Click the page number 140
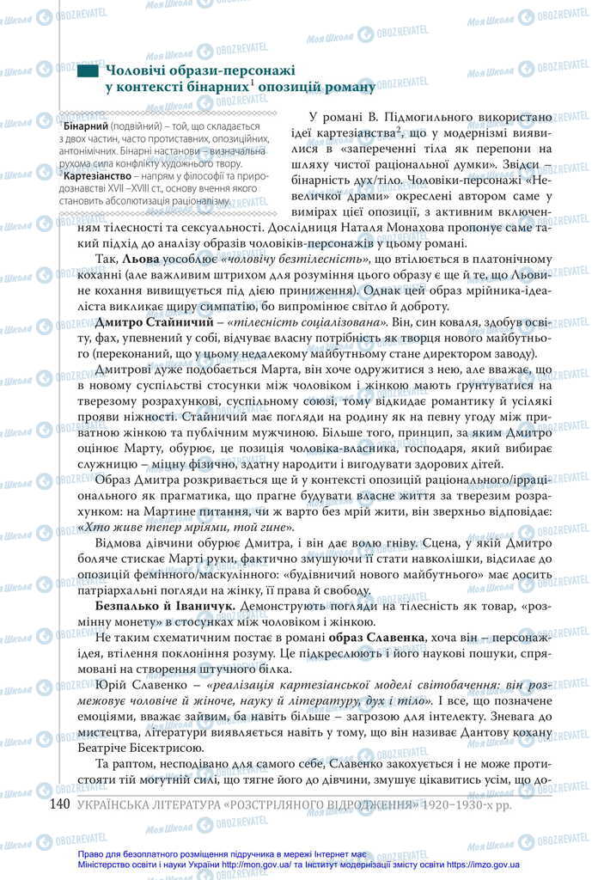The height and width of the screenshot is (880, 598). pyautogui.click(x=58, y=804)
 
